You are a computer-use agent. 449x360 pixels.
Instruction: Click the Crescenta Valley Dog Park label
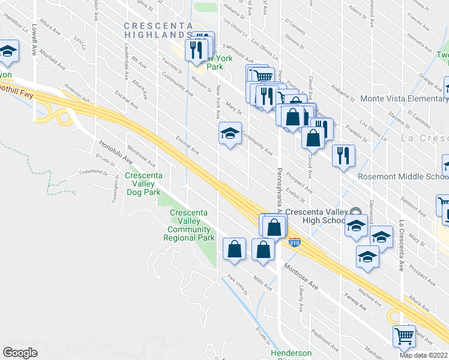pyautogui.click(x=143, y=184)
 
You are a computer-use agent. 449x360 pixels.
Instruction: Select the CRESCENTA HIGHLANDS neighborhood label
pyautogui.click(x=158, y=31)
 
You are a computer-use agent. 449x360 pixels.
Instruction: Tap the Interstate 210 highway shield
pyautogui.click(x=294, y=243)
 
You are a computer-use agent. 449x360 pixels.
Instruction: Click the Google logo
pyautogui.click(x=20, y=353)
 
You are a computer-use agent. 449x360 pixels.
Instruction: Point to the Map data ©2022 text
pyautogui.click(x=424, y=355)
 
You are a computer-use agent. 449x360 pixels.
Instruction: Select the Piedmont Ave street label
pyautogui.click(x=325, y=337)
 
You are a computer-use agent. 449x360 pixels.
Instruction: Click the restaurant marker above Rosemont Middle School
pyautogui.click(x=343, y=156)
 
